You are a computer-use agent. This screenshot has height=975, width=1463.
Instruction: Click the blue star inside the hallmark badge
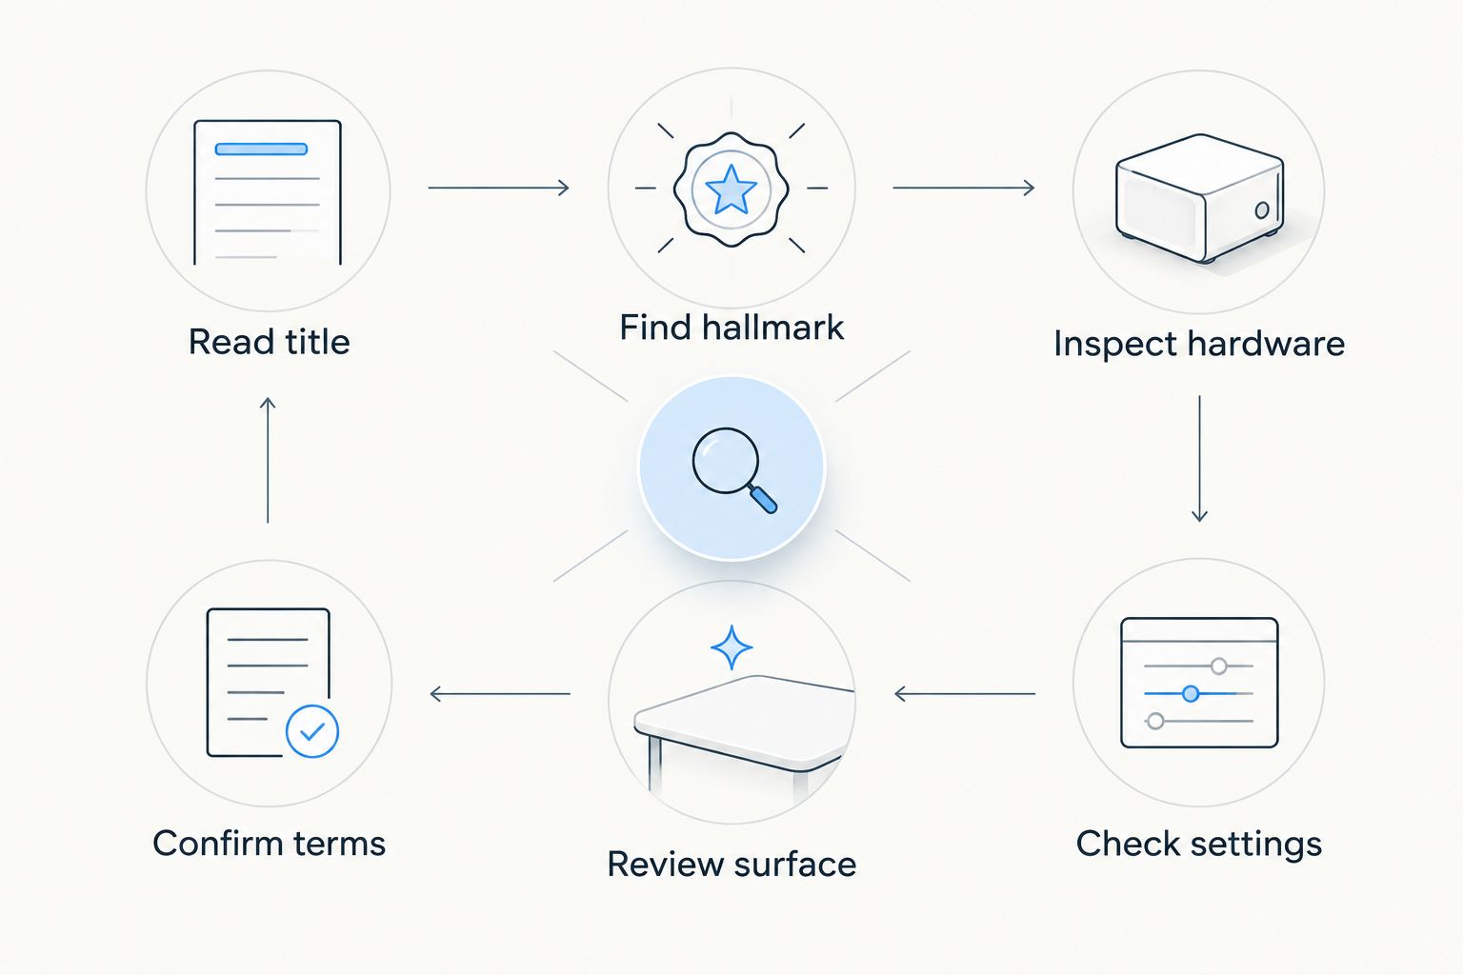click(x=731, y=189)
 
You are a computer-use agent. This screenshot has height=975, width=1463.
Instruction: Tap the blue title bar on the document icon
click(x=261, y=149)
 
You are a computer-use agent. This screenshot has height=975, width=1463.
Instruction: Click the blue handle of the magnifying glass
click(x=764, y=500)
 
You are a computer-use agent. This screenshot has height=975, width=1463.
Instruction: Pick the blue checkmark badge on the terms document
click(x=312, y=731)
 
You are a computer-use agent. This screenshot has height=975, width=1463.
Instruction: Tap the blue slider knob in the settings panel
click(x=1191, y=693)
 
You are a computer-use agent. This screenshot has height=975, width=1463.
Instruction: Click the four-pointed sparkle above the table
click(x=731, y=647)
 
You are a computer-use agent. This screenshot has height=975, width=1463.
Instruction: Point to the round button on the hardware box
click(x=1262, y=210)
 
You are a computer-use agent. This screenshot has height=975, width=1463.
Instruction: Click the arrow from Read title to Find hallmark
click(x=498, y=189)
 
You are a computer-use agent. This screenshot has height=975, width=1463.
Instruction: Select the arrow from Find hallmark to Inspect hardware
click(x=963, y=189)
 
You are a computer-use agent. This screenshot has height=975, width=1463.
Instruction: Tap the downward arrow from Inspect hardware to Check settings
click(x=1199, y=458)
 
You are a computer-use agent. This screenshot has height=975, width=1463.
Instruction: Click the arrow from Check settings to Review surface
click(x=965, y=693)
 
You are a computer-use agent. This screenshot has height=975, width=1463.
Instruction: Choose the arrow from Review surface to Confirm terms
click(x=500, y=693)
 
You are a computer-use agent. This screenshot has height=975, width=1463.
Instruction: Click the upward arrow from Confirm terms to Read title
click(x=268, y=460)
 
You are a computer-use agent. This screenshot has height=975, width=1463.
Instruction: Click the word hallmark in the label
click(x=772, y=328)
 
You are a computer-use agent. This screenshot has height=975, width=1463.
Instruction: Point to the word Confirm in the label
click(x=217, y=843)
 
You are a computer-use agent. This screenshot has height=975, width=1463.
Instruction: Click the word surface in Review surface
click(x=795, y=865)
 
